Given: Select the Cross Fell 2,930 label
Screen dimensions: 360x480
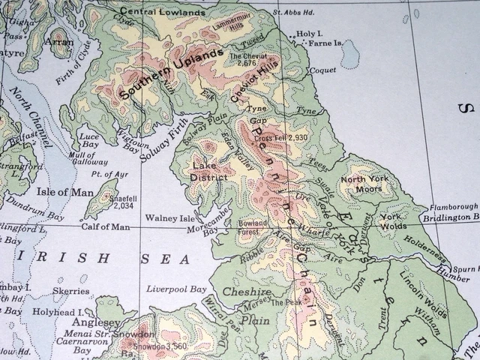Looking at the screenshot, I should tap(281, 139).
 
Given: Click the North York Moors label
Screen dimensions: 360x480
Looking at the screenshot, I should tap(365, 184).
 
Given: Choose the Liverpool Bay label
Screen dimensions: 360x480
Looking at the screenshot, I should tap(176, 289).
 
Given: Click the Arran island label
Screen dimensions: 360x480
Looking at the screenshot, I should tap(59, 43).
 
